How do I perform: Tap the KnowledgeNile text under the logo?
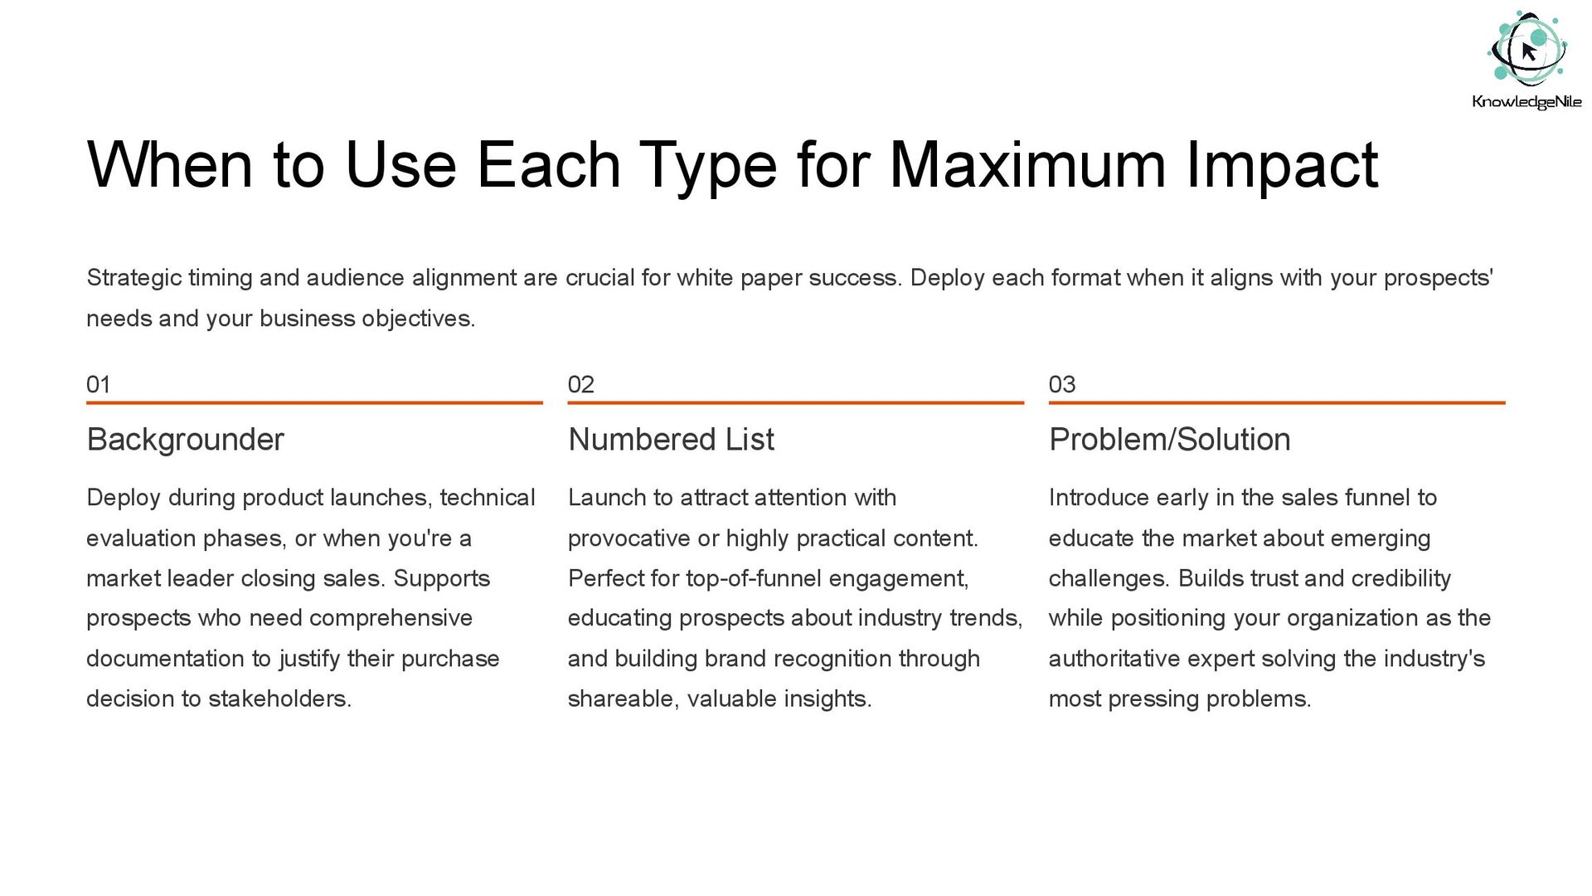1526,102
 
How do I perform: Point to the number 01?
98,384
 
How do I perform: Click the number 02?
580,384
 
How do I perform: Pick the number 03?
1062,384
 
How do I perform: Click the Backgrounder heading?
185,440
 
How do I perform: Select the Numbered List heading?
671,440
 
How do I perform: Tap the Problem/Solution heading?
1169,440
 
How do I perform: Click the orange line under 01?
314,402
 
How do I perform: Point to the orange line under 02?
796,402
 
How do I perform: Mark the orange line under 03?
1277,402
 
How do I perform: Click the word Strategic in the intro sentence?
133,279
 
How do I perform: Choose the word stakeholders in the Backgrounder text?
279,699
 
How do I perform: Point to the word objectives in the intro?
419,319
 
